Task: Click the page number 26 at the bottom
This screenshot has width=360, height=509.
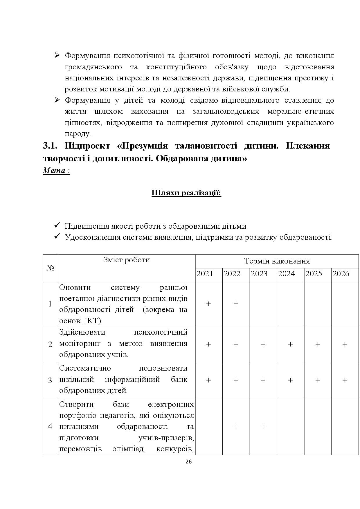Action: (188, 462)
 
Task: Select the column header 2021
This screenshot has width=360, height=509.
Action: (205, 274)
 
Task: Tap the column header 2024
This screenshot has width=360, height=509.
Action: (286, 274)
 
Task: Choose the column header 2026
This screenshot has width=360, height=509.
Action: (341, 274)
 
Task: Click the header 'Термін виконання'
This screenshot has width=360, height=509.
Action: (277, 261)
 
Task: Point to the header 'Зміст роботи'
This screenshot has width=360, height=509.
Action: (127, 260)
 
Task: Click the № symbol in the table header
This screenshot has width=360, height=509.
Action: (50, 268)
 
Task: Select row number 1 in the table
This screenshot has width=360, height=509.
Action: (50, 304)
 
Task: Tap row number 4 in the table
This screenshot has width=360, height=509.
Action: (50, 426)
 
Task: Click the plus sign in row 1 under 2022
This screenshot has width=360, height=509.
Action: (236, 304)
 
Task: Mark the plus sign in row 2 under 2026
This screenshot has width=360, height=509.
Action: (345, 344)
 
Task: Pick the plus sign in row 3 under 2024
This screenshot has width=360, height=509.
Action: (290, 380)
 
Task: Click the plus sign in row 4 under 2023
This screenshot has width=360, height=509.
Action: (263, 426)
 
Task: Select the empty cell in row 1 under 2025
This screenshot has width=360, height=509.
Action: (318, 304)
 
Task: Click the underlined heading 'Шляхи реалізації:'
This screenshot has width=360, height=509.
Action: (186, 193)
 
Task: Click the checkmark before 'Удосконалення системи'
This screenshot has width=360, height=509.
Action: (57, 237)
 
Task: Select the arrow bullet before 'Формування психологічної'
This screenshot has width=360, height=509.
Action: (57, 55)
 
